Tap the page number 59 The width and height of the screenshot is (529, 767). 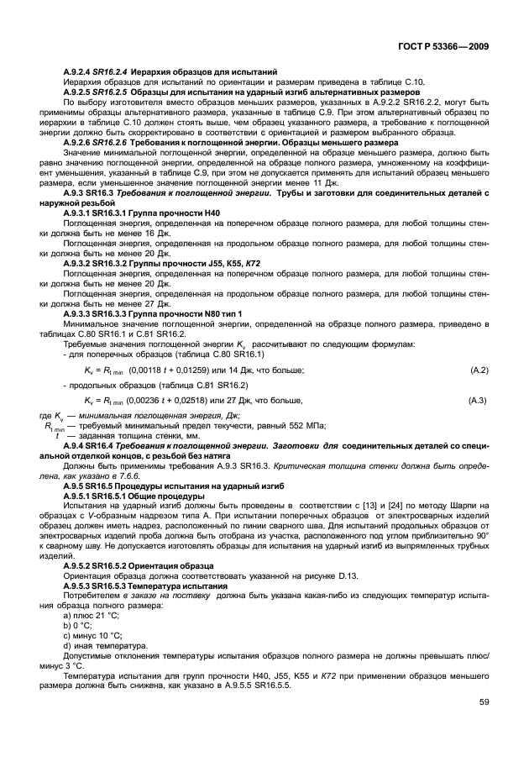tap(484, 725)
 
